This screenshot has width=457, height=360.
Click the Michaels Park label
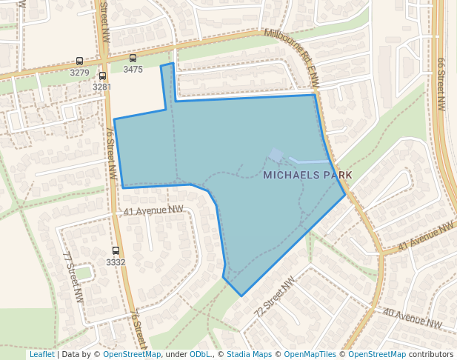tap(307, 175)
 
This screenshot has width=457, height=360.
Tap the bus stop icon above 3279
tap(79, 61)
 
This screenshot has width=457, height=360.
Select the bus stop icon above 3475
tap(133, 58)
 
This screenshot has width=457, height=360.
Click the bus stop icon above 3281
tap(101, 76)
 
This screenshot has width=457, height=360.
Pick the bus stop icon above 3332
tap(116, 251)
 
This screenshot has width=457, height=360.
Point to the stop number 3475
tap(133, 69)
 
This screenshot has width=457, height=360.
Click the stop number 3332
tap(116, 262)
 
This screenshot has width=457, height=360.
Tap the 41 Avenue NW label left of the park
tap(153, 211)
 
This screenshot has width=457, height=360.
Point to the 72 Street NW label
tap(274, 297)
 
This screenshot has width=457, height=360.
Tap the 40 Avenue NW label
tap(412, 319)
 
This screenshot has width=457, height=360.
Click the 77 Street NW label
tap(73, 276)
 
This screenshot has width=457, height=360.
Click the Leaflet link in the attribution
tap(41, 354)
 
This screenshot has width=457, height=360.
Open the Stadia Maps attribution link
tap(249, 354)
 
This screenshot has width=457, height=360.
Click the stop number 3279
tap(79, 73)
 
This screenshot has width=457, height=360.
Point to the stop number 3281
tap(101, 87)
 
